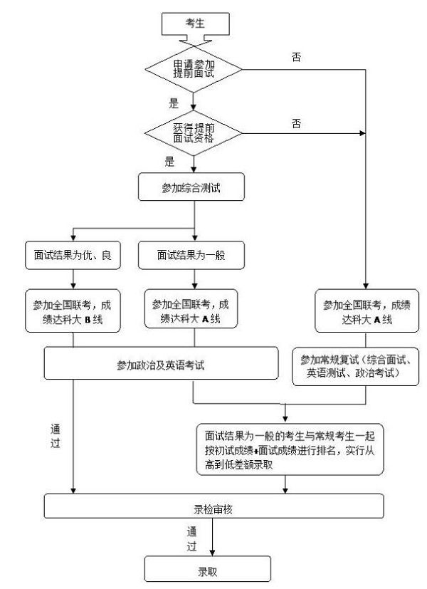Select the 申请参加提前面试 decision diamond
193,70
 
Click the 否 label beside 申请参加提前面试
296,57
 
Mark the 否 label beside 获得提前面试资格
296,122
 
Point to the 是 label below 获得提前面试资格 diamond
169,162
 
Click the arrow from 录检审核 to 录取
213,539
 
